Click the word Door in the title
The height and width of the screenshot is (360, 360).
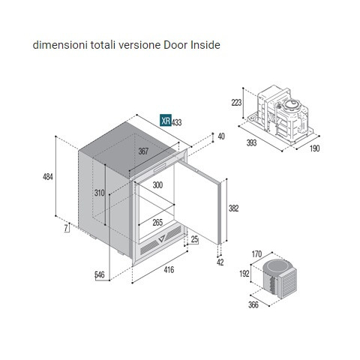pos(175,45)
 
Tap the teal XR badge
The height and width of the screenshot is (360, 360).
pos(166,120)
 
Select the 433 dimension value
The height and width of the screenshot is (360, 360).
pos(177,122)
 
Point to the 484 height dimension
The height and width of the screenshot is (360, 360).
pos(48,177)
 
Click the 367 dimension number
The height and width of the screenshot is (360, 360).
pos(143,151)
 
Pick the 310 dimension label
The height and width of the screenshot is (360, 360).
pos(99,193)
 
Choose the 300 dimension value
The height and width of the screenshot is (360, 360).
pos(157,185)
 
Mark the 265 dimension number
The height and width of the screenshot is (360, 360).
pos(157,222)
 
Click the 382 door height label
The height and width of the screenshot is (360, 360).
pos(234,208)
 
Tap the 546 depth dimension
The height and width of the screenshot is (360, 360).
pos(100,275)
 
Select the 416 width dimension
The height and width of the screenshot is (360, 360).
pos(169,270)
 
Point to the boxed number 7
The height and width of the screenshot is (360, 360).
pos(66,228)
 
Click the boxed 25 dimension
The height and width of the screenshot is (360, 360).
pos(194,239)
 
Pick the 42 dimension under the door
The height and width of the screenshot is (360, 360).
pos(220,262)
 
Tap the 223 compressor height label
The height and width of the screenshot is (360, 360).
pos(236,103)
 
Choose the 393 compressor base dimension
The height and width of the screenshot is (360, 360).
pos(251,142)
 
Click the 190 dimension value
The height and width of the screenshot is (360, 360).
pos(314,148)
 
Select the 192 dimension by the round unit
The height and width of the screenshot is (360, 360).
pos(244,274)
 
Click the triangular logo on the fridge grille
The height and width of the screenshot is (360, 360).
pos(162,238)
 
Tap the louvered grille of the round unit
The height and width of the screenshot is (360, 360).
pos(288,284)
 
